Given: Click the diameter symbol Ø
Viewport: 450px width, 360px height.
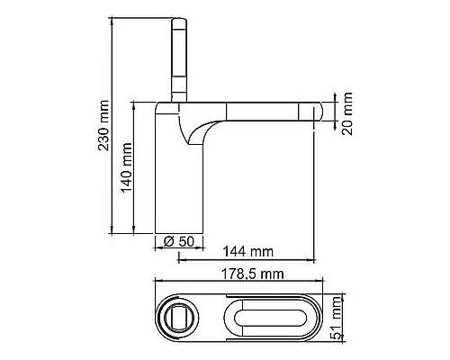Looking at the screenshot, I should (x=168, y=240).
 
